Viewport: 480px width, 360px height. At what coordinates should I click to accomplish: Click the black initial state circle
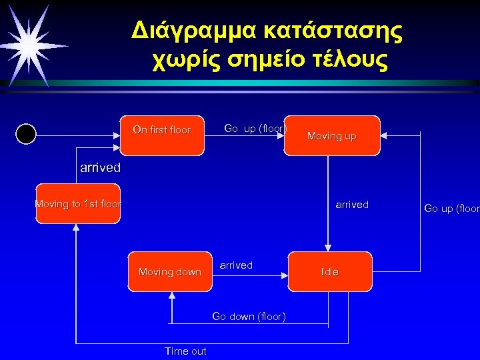point(25,134)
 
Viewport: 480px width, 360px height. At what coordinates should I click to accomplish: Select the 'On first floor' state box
point(162,135)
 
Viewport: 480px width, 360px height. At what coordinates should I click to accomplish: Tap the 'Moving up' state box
point(331,135)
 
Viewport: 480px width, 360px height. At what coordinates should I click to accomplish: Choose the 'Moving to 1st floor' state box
point(77,203)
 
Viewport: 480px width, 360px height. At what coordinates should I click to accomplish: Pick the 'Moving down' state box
point(169,271)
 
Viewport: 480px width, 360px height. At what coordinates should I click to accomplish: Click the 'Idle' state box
point(330,271)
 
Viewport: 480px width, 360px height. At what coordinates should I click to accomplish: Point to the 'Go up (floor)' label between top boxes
point(255,128)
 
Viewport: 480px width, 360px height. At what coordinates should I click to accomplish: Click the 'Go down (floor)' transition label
point(249,316)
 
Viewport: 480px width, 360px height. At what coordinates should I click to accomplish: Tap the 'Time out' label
point(185,351)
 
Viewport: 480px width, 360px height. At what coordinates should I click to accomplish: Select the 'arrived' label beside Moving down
point(236,265)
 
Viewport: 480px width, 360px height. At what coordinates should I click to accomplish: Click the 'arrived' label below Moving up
point(352,205)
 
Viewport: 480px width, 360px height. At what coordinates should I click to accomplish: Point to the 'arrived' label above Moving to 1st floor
point(100,167)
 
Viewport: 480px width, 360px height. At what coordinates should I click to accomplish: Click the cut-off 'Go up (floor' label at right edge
point(452,209)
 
